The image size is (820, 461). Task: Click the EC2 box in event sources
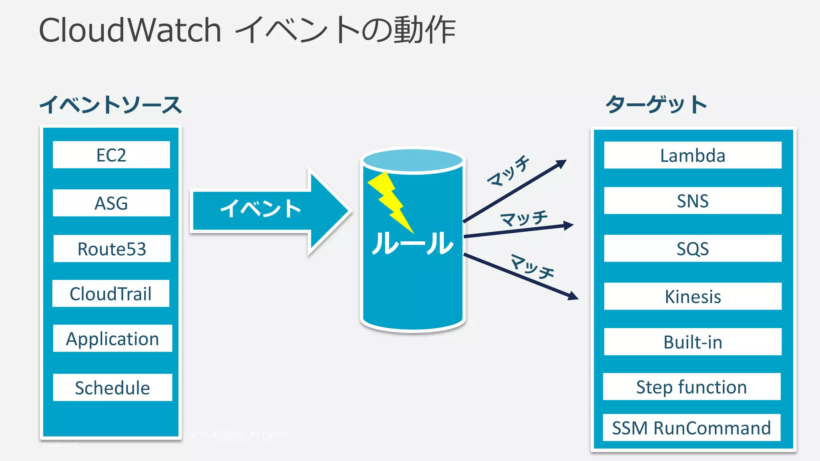[111, 155]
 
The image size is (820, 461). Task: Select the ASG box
[111, 203]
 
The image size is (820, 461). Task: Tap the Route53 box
[112, 249]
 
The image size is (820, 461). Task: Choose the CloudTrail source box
[111, 293]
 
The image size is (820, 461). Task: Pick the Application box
[113, 339]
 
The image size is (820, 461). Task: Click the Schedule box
[113, 387]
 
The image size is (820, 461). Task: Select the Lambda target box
[692, 155]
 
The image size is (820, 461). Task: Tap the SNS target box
[692, 200]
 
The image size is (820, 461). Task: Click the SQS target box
[692, 249]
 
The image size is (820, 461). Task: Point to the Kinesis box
[692, 297]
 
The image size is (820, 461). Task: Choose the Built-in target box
[692, 342]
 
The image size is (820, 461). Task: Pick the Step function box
[691, 387]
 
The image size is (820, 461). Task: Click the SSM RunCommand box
[691, 427]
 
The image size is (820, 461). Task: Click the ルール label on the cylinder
[413, 243]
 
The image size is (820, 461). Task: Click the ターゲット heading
[656, 104]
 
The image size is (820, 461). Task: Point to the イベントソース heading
[111, 105]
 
